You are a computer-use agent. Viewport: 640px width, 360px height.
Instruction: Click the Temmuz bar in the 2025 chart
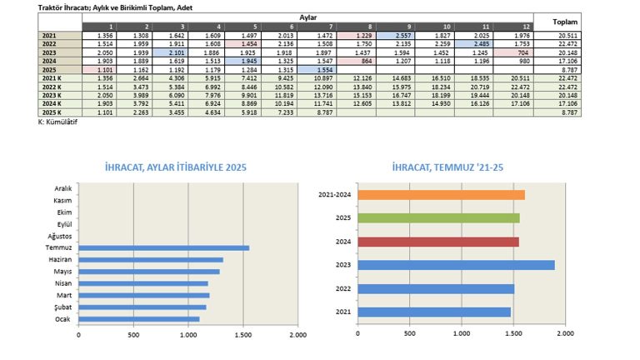[163, 247]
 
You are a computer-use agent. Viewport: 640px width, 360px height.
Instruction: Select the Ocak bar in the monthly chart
[139, 318]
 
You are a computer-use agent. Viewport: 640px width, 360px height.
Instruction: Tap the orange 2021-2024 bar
[440, 195]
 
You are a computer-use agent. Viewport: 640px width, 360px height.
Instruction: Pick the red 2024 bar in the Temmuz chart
[437, 242]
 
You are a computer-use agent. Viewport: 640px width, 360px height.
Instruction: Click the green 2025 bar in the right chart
[437, 218]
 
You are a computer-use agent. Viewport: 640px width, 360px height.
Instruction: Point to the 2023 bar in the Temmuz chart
[455, 265]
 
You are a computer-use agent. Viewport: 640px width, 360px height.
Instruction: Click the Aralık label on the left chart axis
[63, 188]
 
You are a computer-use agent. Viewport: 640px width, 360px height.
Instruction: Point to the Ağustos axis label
[61, 236]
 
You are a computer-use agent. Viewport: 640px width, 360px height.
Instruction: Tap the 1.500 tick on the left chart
[242, 335]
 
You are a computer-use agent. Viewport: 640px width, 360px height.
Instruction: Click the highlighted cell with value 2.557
[396, 36]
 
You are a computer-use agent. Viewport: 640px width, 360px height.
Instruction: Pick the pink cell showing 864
[356, 61]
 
